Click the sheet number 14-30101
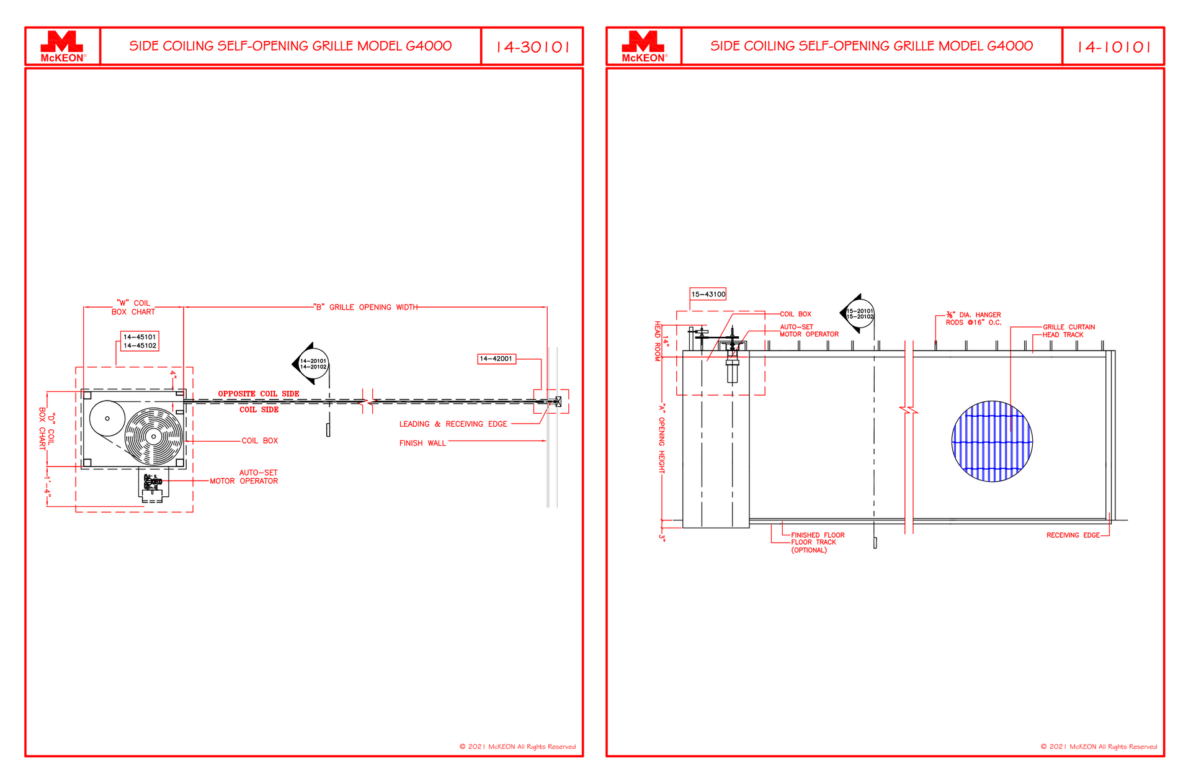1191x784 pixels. (533, 47)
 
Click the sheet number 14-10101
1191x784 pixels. (1114, 47)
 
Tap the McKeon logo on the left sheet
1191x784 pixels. (62, 47)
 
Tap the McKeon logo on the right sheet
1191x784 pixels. (644, 47)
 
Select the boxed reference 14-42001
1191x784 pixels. (496, 359)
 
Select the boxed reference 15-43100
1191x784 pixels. (708, 294)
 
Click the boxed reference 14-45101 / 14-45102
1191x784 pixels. (140, 341)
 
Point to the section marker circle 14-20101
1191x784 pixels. (313, 364)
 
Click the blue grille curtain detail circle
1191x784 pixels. (992, 441)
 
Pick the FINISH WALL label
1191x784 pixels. (422, 443)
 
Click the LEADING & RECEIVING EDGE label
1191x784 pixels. (453, 424)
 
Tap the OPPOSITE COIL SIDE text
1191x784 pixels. (259, 394)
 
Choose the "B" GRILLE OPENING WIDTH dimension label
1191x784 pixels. (365, 307)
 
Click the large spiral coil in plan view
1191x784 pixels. (154, 437)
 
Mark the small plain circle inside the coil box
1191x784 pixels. (107, 419)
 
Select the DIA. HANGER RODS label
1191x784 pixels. (973, 319)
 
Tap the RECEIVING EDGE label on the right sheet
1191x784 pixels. (1073, 535)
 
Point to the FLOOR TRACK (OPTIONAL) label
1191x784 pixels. (813, 546)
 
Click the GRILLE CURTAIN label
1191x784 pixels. (1068, 327)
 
